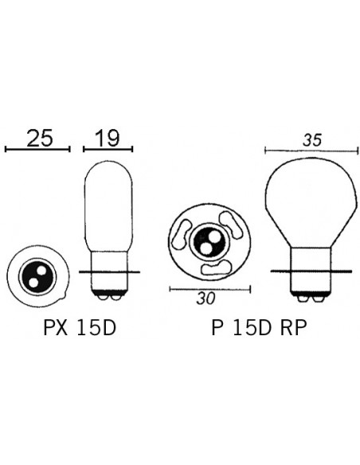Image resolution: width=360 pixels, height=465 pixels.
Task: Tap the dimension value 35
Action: point(311,139)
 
